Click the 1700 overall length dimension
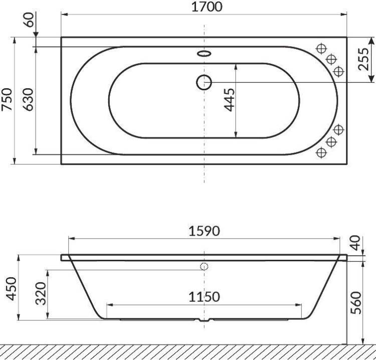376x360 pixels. tap(207, 7)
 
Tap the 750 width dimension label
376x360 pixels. tap(7, 99)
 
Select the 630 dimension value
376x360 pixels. tap(29, 99)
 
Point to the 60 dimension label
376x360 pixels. tap(29, 20)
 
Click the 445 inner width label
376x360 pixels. tap(230, 100)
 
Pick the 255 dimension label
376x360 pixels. tap(363, 59)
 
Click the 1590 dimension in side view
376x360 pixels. tap(204, 231)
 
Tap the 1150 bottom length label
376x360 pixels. tap(204, 297)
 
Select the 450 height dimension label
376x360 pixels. tap(11, 288)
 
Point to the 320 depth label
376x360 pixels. tap(41, 293)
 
